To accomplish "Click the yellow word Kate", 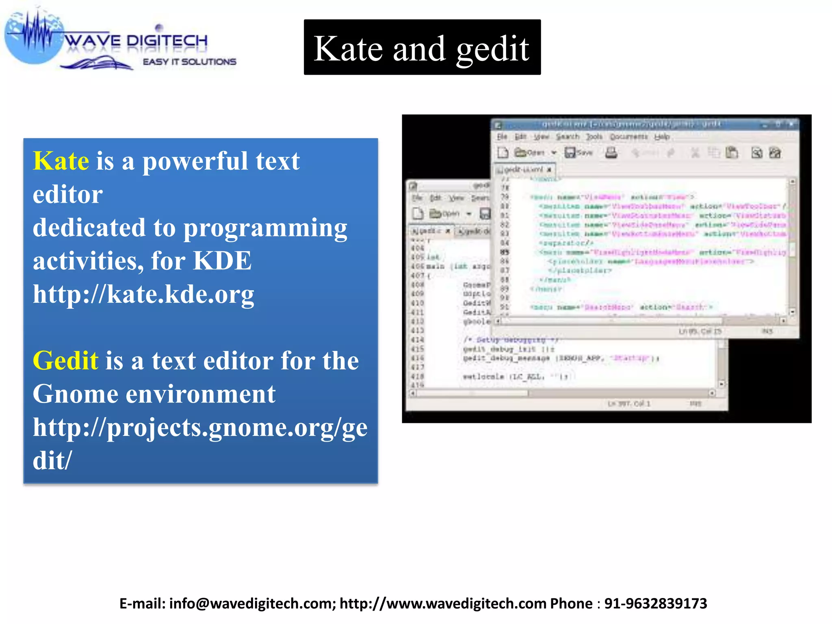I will tap(61, 161).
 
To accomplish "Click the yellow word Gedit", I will tap(65, 361).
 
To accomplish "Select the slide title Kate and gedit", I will tap(422, 48).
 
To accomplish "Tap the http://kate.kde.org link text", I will tap(143, 294).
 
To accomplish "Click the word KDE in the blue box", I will tap(222, 261).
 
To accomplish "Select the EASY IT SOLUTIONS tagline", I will tap(189, 62).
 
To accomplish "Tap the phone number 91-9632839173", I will tap(656, 604).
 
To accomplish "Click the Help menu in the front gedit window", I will tap(661, 137).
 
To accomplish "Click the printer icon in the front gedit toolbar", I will tap(611, 153).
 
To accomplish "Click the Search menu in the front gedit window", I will tap(567, 137).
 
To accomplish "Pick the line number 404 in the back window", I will tap(417, 248).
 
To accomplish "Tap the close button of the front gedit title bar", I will tap(791, 124).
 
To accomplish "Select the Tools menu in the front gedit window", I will tap(594, 137).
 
